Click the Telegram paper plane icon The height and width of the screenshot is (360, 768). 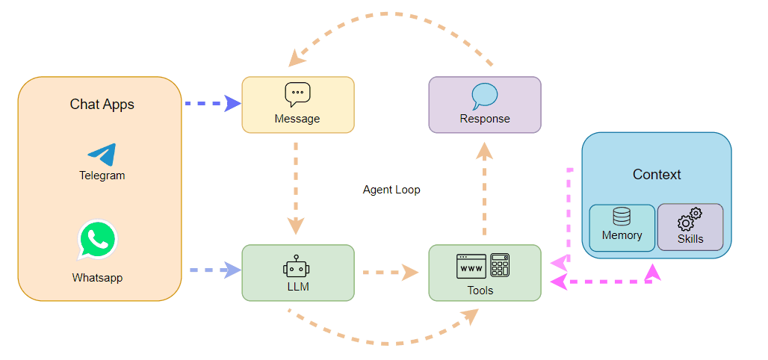point(102,154)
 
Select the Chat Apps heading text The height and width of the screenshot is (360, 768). point(102,105)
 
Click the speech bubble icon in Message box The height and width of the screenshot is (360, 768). point(297,95)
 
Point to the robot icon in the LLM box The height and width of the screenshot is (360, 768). point(297,266)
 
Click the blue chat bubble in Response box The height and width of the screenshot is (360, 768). point(484,96)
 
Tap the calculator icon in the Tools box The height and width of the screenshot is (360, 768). point(500,266)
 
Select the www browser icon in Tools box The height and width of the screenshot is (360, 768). point(471,266)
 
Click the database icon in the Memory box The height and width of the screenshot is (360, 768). point(621,217)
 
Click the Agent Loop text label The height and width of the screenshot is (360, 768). point(391,190)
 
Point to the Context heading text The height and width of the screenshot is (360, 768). point(657,175)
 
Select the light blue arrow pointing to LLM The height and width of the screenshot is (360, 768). point(212,270)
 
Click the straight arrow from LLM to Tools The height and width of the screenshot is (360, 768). point(389,273)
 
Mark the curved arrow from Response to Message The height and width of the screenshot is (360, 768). point(388,15)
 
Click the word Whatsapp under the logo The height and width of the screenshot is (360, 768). point(97,278)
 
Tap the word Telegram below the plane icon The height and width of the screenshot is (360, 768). point(102,176)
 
